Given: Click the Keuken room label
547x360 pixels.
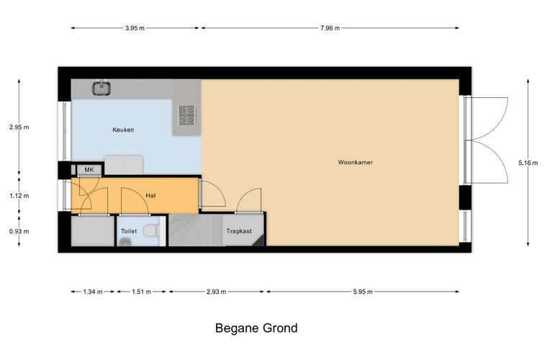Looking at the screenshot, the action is coord(123,130).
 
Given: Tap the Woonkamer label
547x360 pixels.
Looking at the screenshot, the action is coord(355,162).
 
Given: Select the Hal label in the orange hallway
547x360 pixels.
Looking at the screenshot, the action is coord(150,196).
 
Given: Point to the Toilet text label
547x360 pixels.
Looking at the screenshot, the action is coord(129,231).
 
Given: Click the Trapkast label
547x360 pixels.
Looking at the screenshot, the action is coord(239,231).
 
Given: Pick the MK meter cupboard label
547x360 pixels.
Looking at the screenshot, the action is coord(89,170).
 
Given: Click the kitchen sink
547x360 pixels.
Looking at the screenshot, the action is coord(101,88).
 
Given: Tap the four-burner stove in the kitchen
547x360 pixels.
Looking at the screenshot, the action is coord(186,115).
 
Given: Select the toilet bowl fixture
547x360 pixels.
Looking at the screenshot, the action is coord(152,230).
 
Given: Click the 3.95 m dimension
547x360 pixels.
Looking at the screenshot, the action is coord(135,28).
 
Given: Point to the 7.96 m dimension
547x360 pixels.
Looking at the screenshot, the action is coord(330,28).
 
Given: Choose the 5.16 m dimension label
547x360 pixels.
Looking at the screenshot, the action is coord(528,163).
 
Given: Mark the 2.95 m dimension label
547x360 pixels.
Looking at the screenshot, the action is coord(19,127).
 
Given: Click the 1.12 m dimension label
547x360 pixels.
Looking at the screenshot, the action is coord(19,196).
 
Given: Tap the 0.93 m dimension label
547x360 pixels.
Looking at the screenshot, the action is coord(19,231).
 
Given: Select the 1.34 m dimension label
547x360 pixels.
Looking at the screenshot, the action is coord(93,292).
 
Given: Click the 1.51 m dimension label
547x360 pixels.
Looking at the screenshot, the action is coord(141,292).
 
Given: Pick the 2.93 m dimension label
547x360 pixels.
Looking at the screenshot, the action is coord(217,292).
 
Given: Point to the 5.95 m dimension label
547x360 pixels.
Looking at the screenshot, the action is coord(363,292).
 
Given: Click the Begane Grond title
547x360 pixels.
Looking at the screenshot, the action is coord(256,328).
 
